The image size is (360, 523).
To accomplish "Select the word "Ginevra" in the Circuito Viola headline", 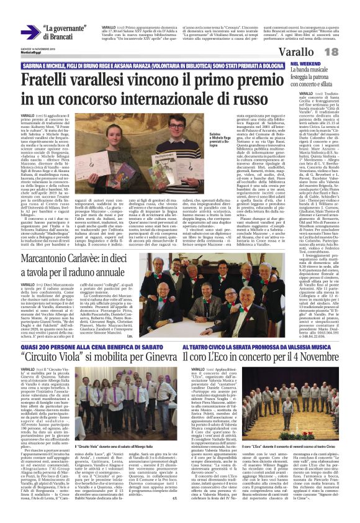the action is [163, 358].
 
